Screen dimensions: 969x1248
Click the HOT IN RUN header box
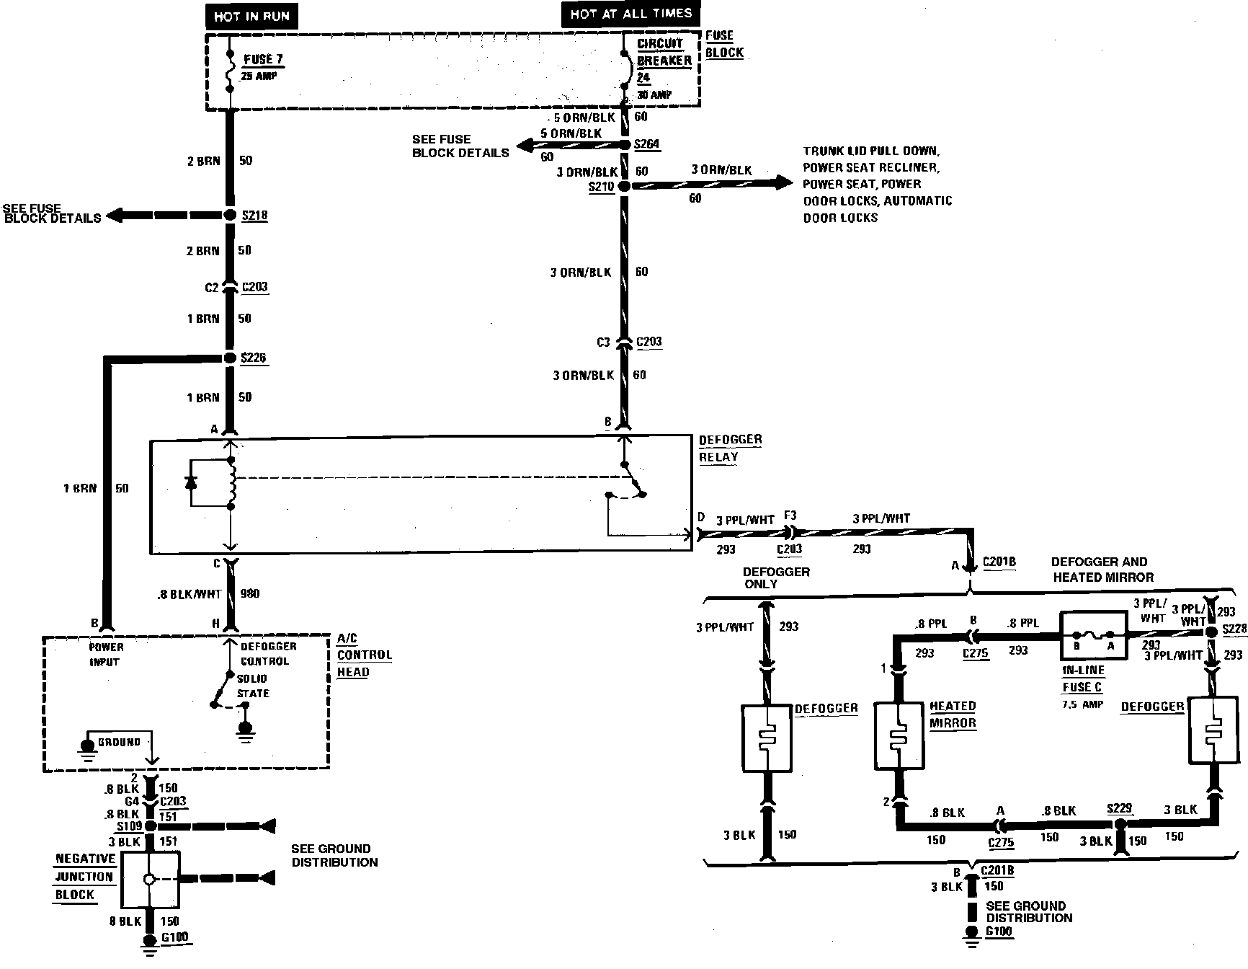[x=251, y=16]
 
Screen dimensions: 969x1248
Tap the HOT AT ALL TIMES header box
[x=630, y=14]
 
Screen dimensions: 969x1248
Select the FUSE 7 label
[x=263, y=60]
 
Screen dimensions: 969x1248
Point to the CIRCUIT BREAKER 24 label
[x=664, y=61]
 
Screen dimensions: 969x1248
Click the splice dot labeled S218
[x=230, y=216]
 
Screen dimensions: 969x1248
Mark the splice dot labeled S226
[x=230, y=358]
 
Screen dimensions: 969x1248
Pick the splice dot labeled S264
[x=625, y=145]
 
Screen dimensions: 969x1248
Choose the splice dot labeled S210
[x=624, y=186]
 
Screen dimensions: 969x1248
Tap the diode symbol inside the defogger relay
[x=191, y=482]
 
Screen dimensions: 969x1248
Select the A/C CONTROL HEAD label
[x=364, y=655]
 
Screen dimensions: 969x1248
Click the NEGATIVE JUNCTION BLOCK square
[x=150, y=880]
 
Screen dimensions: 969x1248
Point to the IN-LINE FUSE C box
[x=1093, y=636]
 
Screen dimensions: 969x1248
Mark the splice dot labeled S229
[x=1120, y=823]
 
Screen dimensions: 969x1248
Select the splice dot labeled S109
[x=151, y=826]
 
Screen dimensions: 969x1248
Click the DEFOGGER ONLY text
[x=776, y=578]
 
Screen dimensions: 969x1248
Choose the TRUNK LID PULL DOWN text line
[x=871, y=151]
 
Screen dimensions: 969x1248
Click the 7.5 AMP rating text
[x=1082, y=704]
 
